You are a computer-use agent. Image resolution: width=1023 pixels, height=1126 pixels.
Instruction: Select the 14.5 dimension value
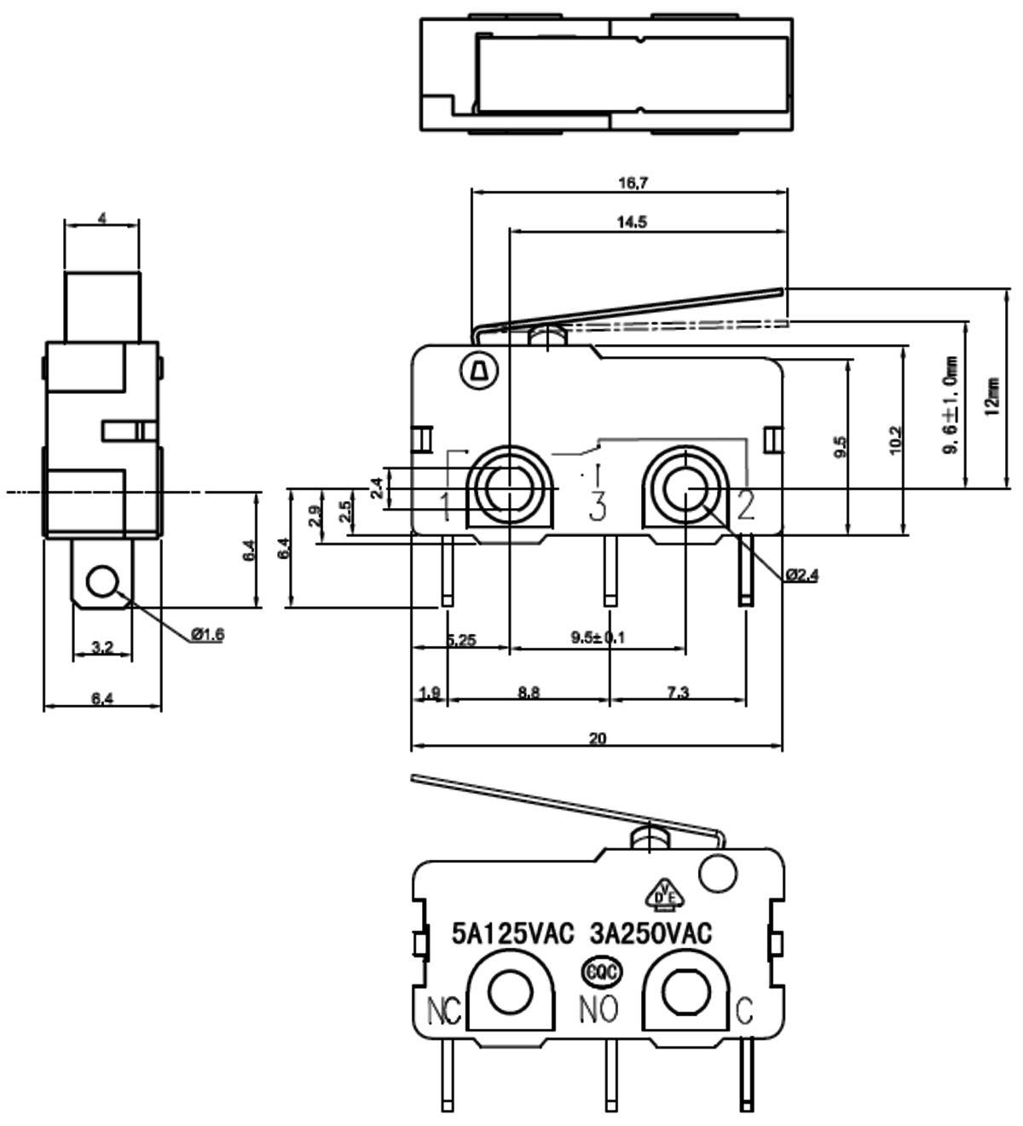click(x=632, y=222)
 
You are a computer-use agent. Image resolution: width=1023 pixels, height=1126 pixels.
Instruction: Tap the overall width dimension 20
click(x=598, y=738)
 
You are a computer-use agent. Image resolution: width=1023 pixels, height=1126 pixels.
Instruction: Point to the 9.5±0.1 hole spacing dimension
click(x=598, y=638)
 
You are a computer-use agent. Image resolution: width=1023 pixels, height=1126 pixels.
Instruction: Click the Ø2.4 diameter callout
click(x=801, y=576)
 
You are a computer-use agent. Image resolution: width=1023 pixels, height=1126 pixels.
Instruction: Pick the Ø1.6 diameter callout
click(x=207, y=633)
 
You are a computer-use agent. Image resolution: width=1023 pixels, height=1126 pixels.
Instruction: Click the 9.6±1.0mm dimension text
click(x=950, y=405)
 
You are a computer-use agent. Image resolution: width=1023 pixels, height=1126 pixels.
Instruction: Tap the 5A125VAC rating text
click(x=512, y=934)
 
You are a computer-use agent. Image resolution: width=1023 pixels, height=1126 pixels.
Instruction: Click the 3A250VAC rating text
click(x=650, y=934)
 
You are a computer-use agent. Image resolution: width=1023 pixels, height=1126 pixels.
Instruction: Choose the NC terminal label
click(x=443, y=1011)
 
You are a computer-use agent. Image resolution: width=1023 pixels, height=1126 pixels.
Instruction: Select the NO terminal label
click(x=598, y=1009)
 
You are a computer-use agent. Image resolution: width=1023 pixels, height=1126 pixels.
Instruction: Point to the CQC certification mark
click(x=601, y=972)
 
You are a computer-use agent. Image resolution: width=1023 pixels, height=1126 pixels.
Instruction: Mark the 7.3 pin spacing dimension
click(x=678, y=692)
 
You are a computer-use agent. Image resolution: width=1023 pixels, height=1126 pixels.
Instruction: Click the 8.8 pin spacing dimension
click(x=529, y=692)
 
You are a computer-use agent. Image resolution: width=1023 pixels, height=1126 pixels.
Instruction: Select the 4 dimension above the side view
click(x=102, y=218)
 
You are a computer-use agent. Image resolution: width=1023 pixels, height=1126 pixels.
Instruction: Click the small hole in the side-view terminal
click(x=102, y=582)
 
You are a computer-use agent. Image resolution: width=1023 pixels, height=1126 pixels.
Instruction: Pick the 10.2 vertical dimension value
click(x=894, y=441)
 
